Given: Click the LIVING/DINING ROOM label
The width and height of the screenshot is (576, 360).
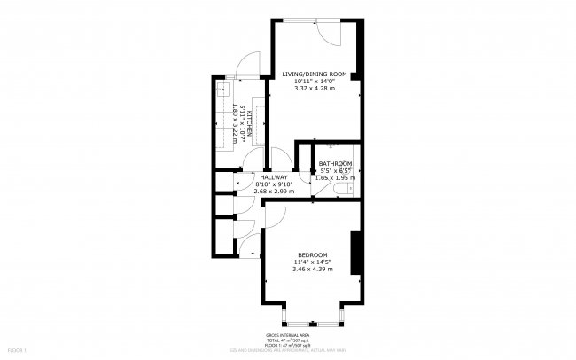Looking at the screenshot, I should coord(314,74).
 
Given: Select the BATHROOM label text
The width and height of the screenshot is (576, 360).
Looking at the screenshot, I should coord(336,164).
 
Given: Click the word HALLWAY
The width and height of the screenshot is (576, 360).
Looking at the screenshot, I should coord(273,176).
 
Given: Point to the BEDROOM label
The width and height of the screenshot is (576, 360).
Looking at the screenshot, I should coord(312,254).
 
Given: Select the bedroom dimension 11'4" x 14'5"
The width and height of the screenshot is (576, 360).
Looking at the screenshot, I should coord(312,261).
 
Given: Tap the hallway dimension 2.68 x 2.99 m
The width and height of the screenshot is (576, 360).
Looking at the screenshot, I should coord(273,191).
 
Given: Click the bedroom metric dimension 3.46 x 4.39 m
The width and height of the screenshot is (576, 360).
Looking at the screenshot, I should coord(312,269).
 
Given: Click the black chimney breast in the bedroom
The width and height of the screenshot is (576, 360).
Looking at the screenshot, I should coord(355,252).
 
